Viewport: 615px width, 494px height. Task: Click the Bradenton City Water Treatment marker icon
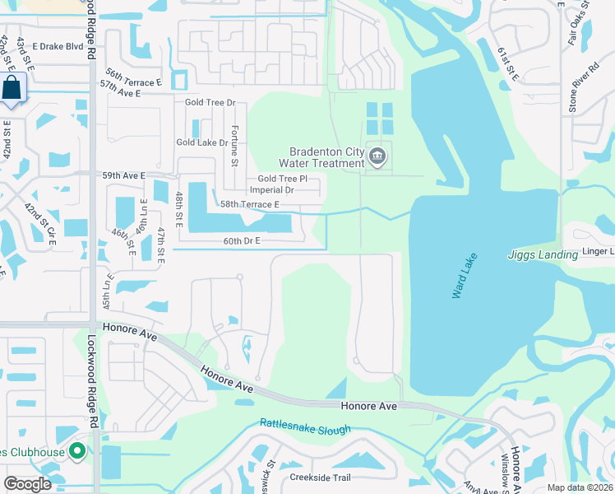coord(377,156)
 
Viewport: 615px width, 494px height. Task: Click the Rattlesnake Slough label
coord(305,426)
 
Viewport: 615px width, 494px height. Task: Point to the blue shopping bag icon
coord(13,88)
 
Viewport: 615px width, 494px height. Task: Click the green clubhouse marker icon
coord(77,451)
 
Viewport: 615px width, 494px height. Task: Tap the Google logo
coord(27,484)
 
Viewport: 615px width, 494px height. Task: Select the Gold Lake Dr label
coord(201,142)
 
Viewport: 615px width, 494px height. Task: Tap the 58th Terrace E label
coord(243,204)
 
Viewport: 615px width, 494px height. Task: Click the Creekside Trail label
coord(320,478)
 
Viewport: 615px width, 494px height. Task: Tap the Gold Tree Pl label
coord(282,178)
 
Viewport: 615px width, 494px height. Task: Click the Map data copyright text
coord(580,487)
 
